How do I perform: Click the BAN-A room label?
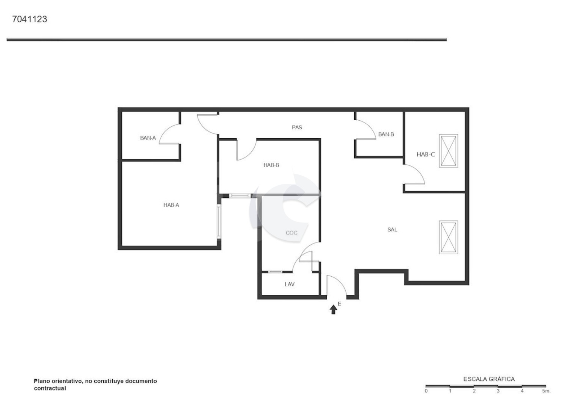[148, 138]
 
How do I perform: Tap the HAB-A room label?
[171, 205]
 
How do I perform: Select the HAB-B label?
[271, 165]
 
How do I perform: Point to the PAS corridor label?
[297, 127]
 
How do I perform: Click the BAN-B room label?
[386, 134]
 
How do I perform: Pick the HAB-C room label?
[426, 155]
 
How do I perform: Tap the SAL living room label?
[392, 230]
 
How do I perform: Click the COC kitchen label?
[292, 233]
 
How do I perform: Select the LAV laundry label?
[290, 284]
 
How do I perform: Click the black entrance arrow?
[333, 309]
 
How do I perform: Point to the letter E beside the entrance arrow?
[339, 304]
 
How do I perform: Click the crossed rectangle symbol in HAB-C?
[449, 151]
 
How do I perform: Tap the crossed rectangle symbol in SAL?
[449, 237]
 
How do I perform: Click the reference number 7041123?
[29, 19]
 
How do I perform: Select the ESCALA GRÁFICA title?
[489, 379]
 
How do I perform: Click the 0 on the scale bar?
[426, 391]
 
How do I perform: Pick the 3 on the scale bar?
[498, 391]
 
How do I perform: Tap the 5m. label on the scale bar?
[546, 391]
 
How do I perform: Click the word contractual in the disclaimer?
[50, 388]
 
